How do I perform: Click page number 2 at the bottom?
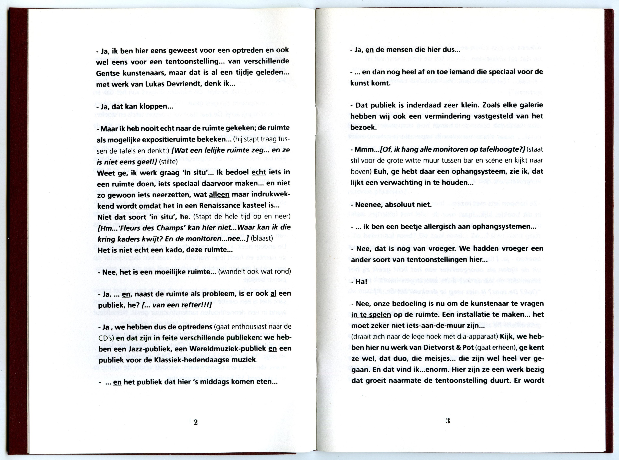(x=195, y=422)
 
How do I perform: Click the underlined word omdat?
(x=150, y=206)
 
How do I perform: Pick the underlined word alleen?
(x=219, y=195)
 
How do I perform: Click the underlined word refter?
(x=191, y=305)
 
